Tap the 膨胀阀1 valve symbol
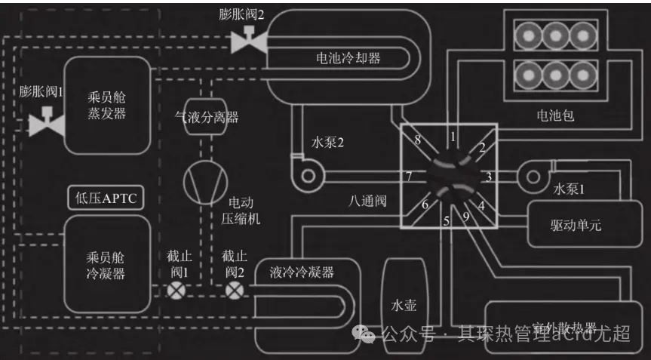46,122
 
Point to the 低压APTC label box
106,198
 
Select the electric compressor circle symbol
204,179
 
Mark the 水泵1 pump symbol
537,177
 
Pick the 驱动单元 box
576,225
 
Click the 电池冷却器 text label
348,57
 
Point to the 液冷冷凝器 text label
302,272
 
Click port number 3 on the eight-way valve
489,177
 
